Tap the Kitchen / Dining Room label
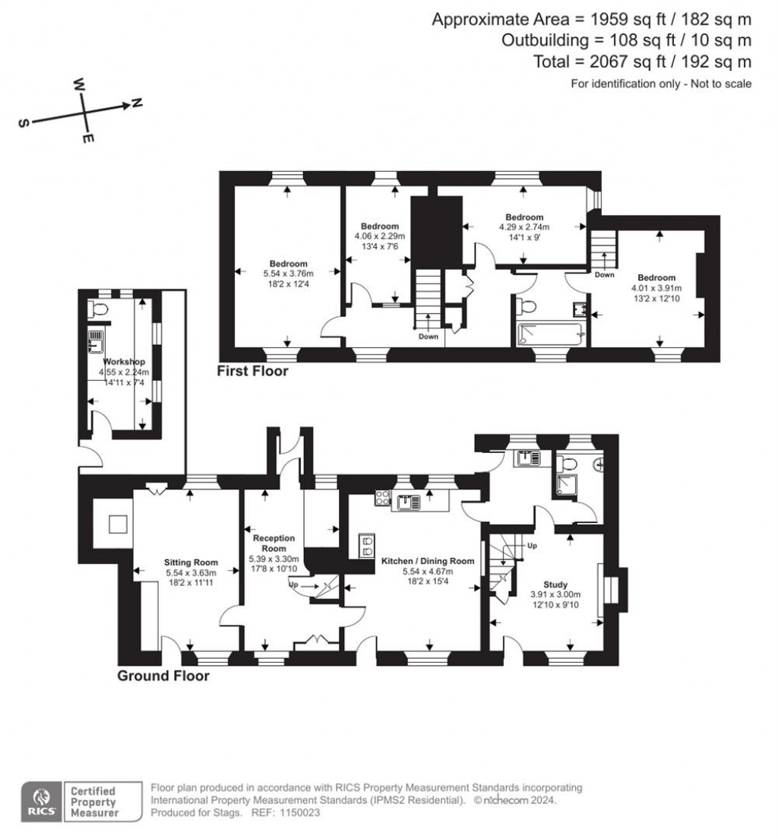[x=428, y=561]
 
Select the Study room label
[x=555, y=584]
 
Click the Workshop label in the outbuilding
[x=125, y=362]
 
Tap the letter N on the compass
[x=137, y=103]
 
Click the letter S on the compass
[x=24, y=124]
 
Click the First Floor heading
[x=252, y=372]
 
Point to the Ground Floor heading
[x=163, y=676]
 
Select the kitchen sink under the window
[x=411, y=501]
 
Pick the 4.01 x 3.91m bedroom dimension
[x=656, y=288]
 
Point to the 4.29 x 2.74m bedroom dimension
[x=524, y=226]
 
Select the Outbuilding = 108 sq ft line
[x=626, y=40]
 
